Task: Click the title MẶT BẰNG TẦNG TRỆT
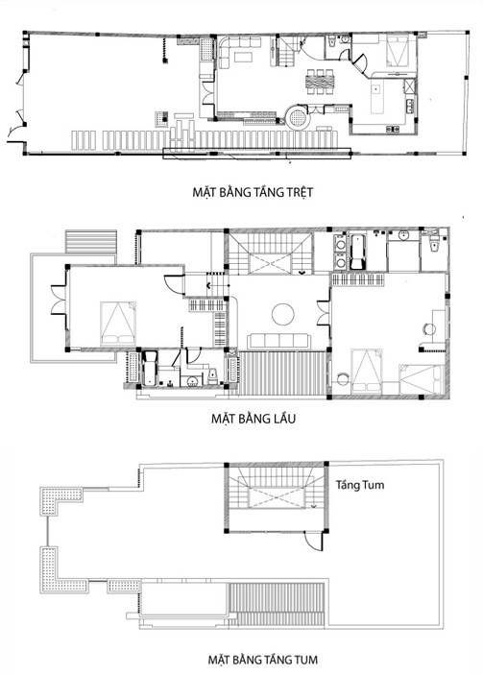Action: coord(253,192)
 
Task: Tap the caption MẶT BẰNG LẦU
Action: coord(254,419)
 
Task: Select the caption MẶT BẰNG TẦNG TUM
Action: coord(262,660)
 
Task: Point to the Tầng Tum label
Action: coord(360,485)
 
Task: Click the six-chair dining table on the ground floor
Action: coord(320,82)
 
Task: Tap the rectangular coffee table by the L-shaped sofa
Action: coord(244,57)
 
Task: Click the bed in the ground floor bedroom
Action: coord(397,50)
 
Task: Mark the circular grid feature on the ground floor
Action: coord(298,117)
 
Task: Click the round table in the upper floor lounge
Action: coord(283,314)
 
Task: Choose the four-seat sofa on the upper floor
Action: coord(278,341)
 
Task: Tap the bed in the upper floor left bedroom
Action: coord(118,324)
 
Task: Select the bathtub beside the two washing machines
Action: coord(357,252)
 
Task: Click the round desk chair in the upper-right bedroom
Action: coord(429,329)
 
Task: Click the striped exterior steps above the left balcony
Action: coord(91,242)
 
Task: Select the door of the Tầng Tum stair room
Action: coord(314,541)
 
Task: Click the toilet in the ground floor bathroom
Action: coord(332,42)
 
